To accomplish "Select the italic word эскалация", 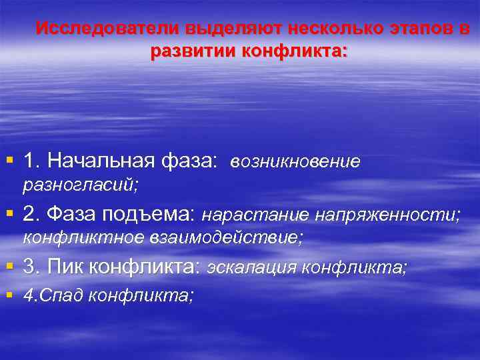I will point(251,267).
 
